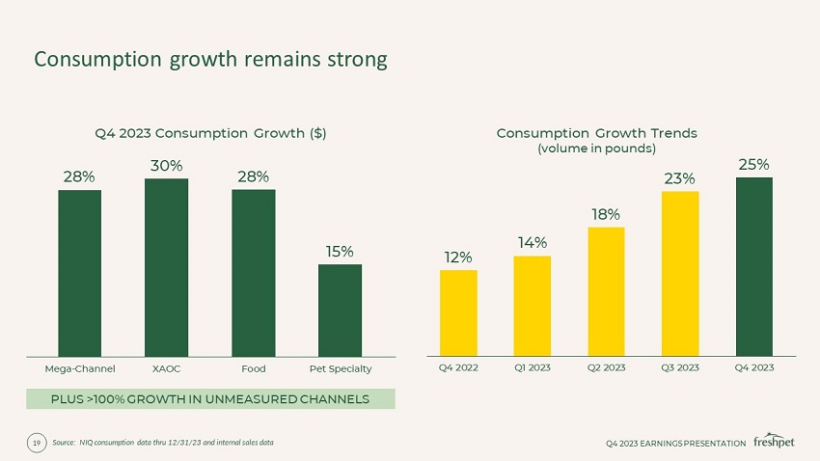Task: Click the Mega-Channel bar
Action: tap(79, 273)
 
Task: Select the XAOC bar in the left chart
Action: tap(166, 267)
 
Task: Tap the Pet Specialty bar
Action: tap(340, 310)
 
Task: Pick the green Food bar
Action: tap(253, 273)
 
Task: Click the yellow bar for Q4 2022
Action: tap(458, 312)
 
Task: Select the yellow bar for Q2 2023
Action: tap(606, 291)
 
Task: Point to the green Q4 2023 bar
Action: tap(754, 266)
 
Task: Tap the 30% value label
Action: tap(167, 165)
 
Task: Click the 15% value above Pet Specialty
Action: tap(339, 251)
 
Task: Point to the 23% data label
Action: tap(679, 178)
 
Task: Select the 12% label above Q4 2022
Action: tap(458, 258)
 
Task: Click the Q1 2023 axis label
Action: tap(533, 367)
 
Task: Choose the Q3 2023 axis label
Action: tap(680, 367)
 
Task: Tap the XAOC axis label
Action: tap(167, 368)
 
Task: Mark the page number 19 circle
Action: tap(37, 443)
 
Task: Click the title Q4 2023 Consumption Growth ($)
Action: tap(209, 133)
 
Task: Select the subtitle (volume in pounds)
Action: tap(596, 149)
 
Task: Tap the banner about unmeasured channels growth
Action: tap(210, 399)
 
